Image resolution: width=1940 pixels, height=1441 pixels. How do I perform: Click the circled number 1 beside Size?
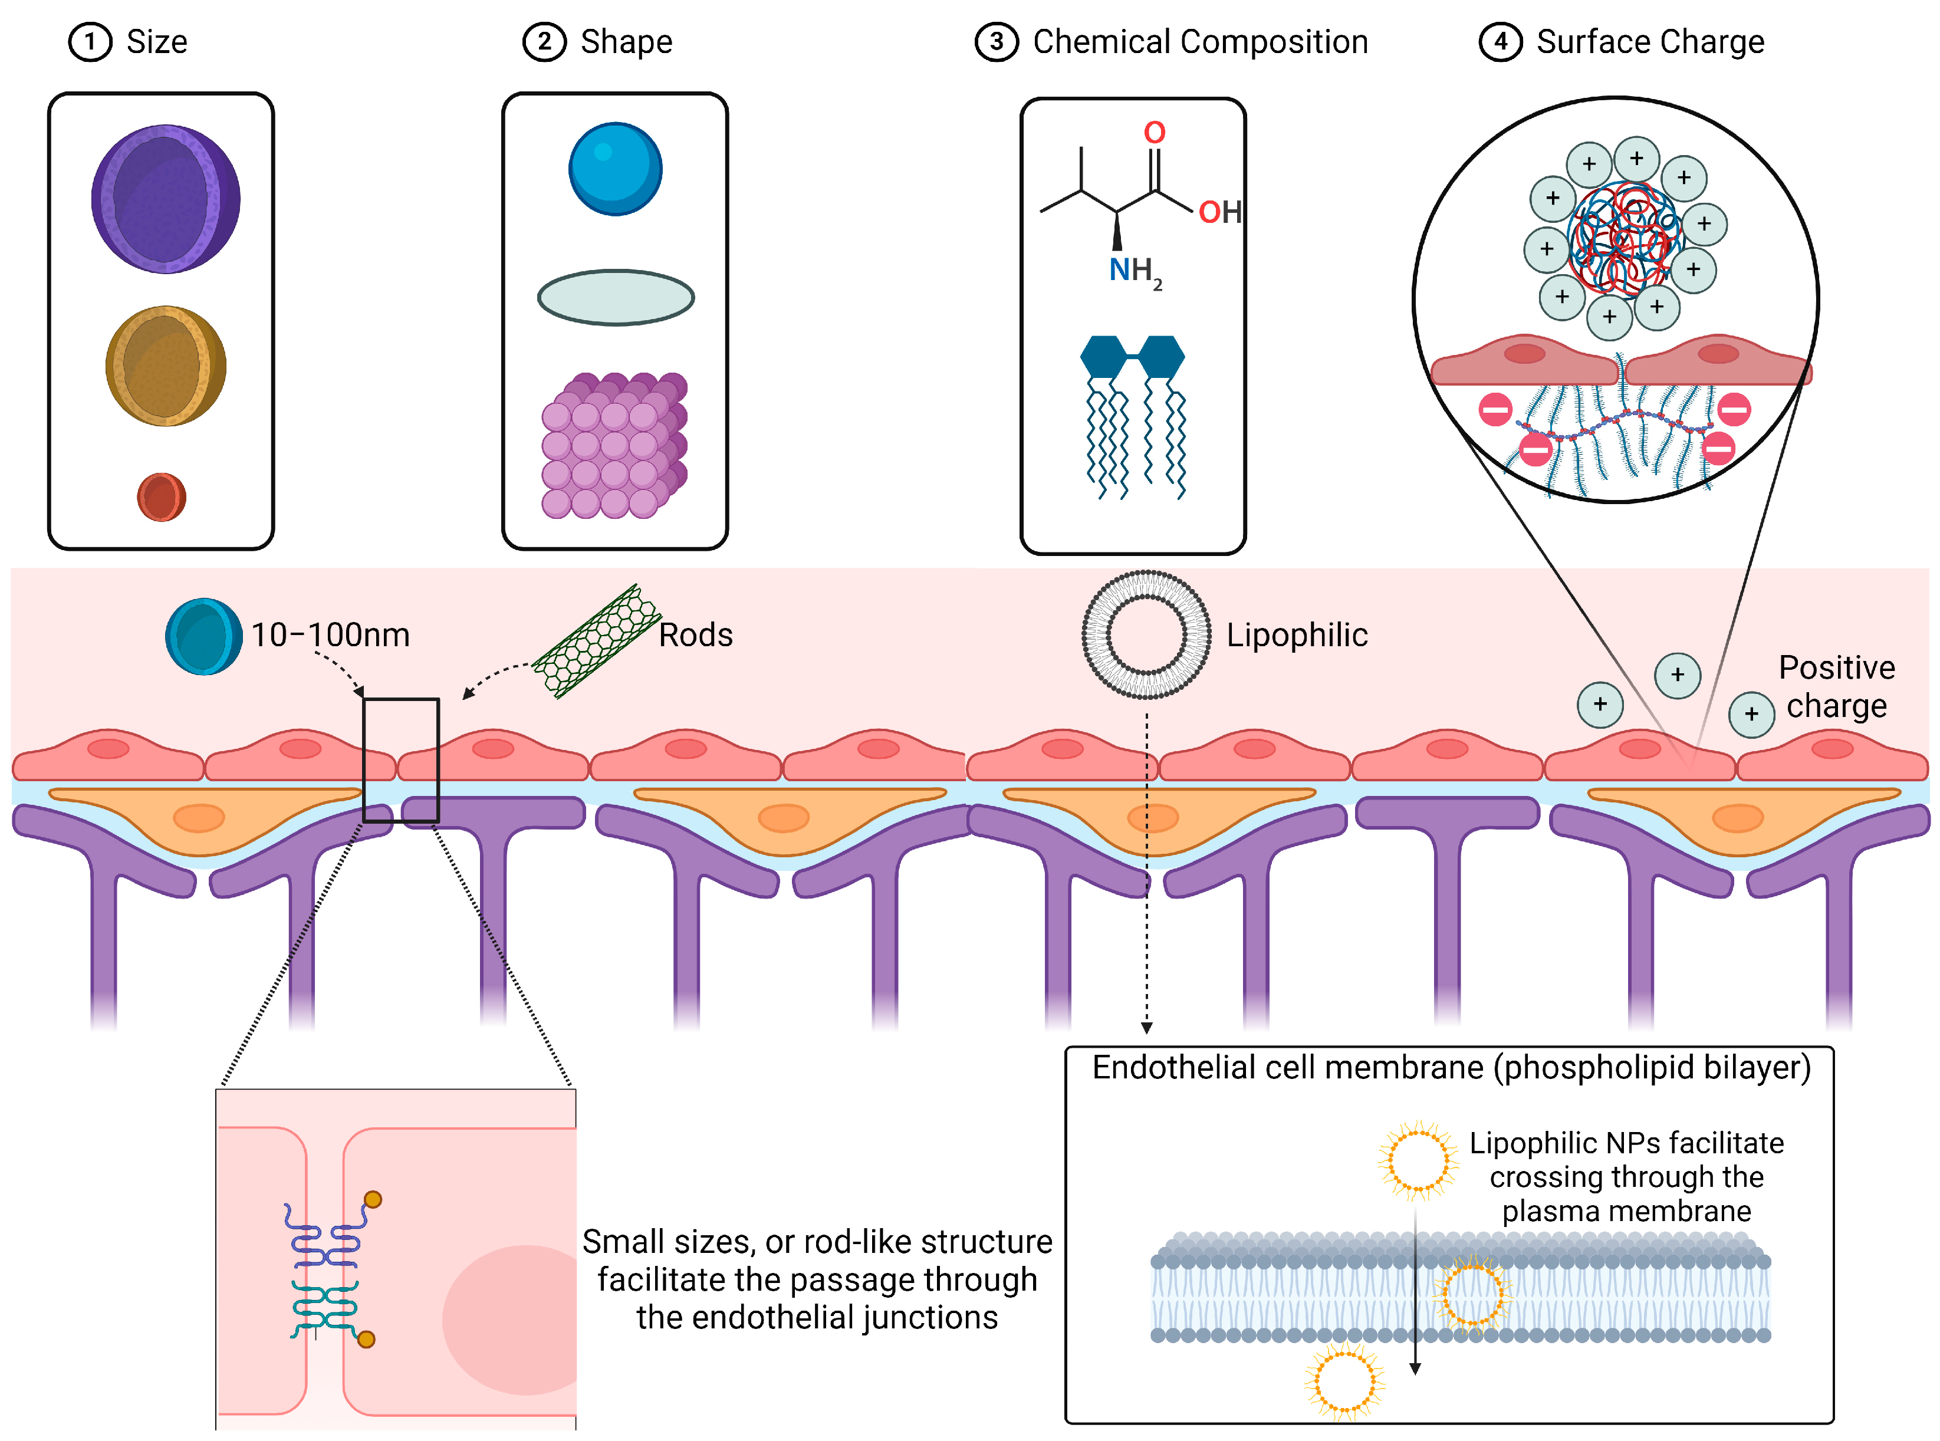pyautogui.click(x=90, y=42)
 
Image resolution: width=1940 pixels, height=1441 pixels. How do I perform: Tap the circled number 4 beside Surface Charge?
pyautogui.click(x=1500, y=42)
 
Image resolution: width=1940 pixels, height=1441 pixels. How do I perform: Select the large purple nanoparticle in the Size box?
pyautogui.click(x=166, y=199)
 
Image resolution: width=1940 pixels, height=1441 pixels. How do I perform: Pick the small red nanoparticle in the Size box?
pyautogui.click(x=162, y=497)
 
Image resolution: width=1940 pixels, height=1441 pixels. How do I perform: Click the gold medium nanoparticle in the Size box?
pyautogui.click(x=166, y=366)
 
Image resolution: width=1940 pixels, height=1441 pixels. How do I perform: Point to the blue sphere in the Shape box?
pyautogui.click(x=615, y=169)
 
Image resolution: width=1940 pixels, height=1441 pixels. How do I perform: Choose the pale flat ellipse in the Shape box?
pyautogui.click(x=615, y=297)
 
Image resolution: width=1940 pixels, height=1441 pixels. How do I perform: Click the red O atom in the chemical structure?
pyautogui.click(x=1154, y=133)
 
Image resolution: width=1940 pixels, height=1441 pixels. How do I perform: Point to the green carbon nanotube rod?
pyautogui.click(x=597, y=641)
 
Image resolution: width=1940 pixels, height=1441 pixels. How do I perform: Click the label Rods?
pyautogui.click(x=695, y=635)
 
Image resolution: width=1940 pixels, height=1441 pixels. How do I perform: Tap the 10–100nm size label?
pyautogui.click(x=330, y=635)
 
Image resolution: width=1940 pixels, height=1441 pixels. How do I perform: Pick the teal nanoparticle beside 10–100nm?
pyautogui.click(x=204, y=636)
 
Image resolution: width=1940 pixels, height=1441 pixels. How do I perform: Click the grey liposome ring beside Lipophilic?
pyautogui.click(x=1146, y=635)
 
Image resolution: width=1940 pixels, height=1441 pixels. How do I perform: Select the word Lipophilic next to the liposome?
pyautogui.click(x=1296, y=635)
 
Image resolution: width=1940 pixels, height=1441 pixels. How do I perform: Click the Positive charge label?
pyautogui.click(x=1836, y=686)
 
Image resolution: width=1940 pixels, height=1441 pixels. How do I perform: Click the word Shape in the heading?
pyautogui.click(x=626, y=42)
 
